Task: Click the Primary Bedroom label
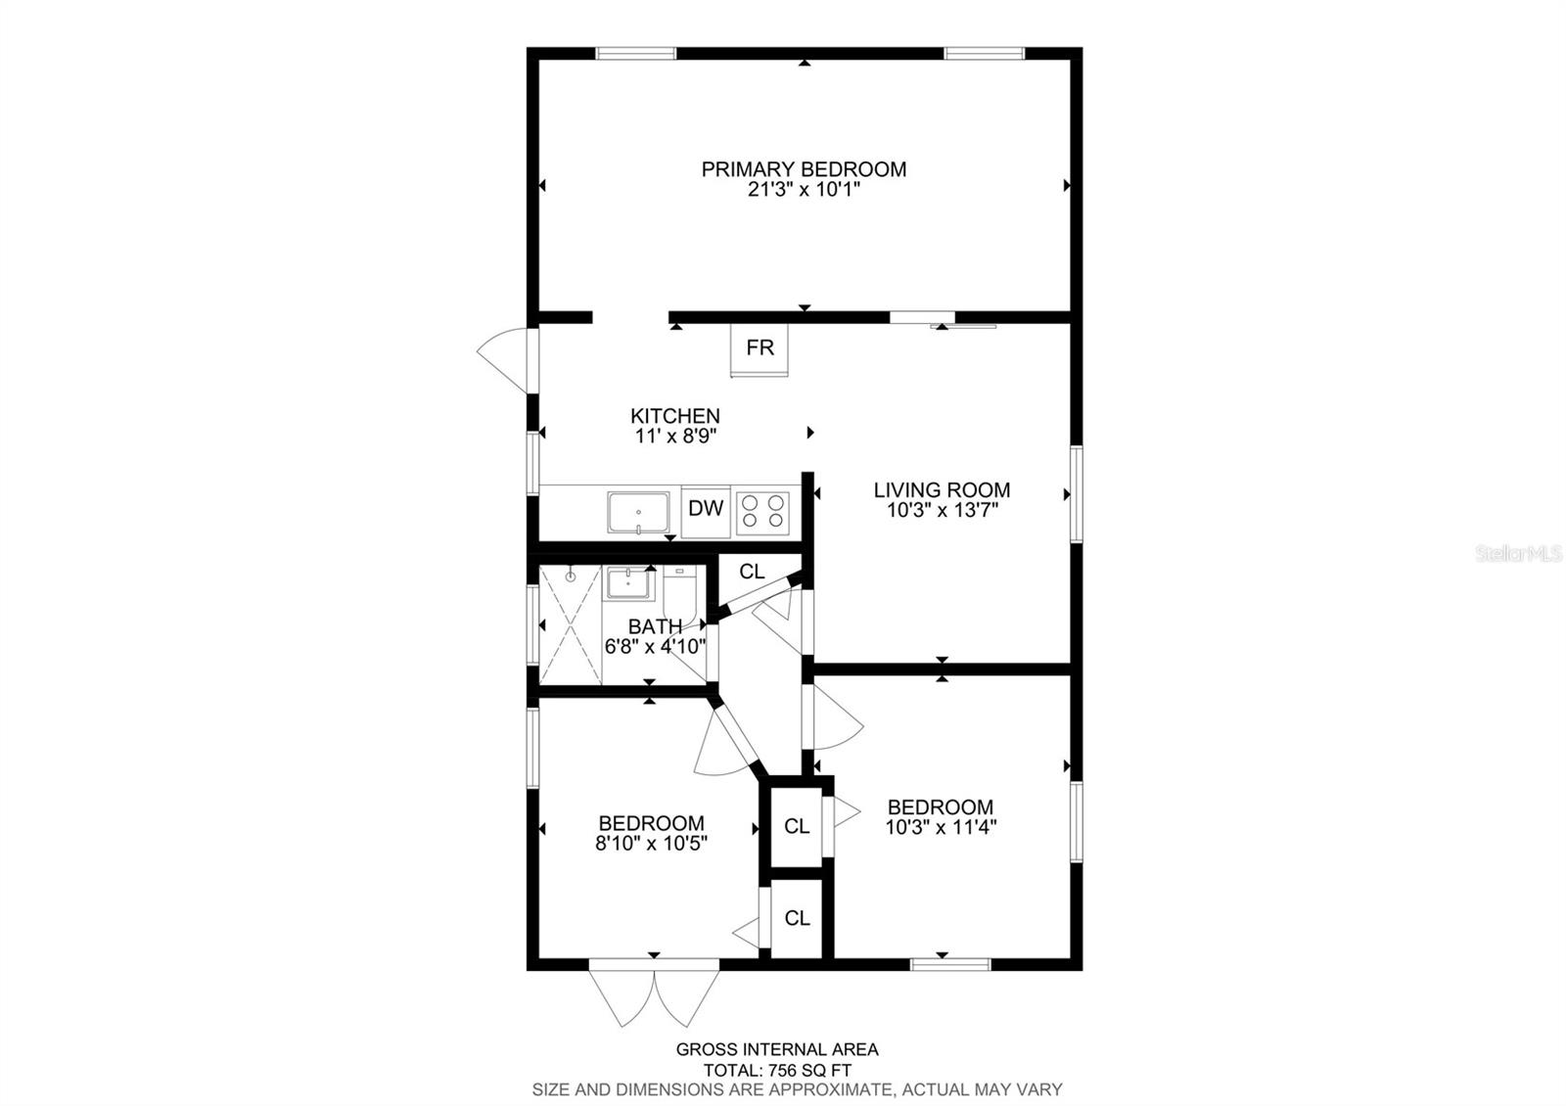[x=804, y=169]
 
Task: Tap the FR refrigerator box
[x=760, y=347]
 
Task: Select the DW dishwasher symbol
[x=706, y=508]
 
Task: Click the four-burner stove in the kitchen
[x=763, y=510]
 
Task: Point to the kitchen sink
[x=637, y=512]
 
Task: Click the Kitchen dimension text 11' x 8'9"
[x=675, y=437]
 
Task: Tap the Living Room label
[x=942, y=489]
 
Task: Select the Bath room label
[x=655, y=626]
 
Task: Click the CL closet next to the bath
[x=752, y=572]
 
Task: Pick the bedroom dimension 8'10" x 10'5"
[x=651, y=843]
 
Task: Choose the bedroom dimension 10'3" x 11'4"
[x=941, y=827]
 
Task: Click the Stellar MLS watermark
[x=1522, y=554]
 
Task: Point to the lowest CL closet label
[x=797, y=918]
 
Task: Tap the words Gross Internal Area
[x=777, y=1049]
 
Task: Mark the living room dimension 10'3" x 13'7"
[x=942, y=510]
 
